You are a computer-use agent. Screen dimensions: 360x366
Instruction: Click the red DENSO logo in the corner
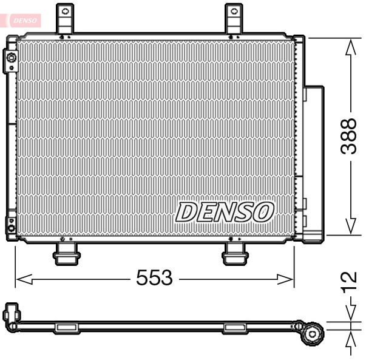point(24,21)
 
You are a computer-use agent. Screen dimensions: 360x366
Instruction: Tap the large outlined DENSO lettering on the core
point(225,212)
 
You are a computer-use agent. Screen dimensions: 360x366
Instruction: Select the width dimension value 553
point(154,279)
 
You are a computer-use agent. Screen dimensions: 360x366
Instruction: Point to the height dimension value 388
point(348,136)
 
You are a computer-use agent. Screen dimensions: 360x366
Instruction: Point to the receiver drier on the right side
point(314,161)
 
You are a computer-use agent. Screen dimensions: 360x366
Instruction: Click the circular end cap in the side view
point(313,333)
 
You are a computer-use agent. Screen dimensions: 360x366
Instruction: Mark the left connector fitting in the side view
point(12,315)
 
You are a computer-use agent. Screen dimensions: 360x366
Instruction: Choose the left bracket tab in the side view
point(66,328)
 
